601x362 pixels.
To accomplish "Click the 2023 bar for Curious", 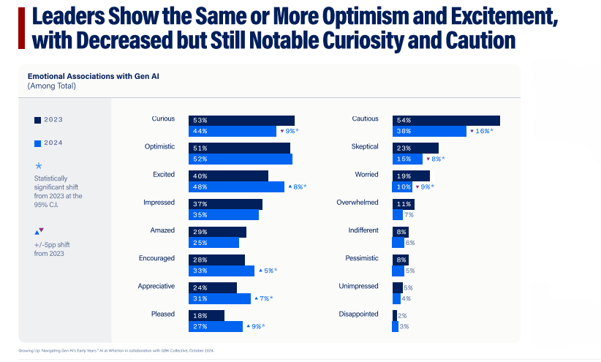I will (241, 121).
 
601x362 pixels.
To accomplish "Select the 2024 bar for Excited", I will (236, 187).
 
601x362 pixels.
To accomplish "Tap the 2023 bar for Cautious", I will (446, 121).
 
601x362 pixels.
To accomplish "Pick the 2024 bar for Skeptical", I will (407, 159).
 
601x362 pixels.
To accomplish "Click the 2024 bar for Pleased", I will (216, 326).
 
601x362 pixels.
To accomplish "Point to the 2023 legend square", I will (37, 120).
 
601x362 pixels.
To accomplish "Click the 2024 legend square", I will (37, 143).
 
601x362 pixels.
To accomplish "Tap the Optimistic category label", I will (159, 147).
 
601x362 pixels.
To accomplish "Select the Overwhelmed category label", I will (357, 203).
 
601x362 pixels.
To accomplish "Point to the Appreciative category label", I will (156, 287).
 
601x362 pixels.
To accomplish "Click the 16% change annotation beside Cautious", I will (481, 131).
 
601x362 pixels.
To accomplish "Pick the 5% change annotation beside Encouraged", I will (268, 271).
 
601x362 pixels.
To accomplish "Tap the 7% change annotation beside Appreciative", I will (265, 298).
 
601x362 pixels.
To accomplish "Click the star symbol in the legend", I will (39, 166).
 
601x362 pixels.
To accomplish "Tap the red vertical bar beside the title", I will (20, 29).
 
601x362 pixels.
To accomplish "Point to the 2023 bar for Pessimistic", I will (400, 260).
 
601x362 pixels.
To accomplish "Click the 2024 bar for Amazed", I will (213, 243).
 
